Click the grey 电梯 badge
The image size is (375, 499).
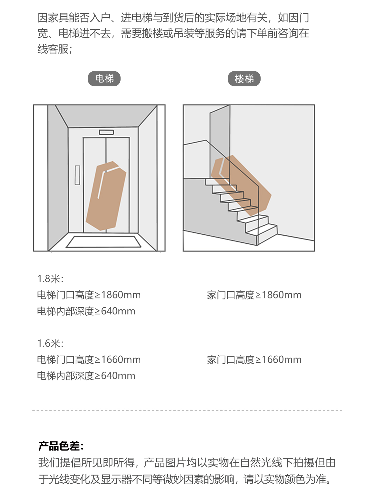click(x=104, y=79)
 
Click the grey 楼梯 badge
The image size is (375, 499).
click(x=244, y=79)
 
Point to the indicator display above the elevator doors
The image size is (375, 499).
click(x=106, y=132)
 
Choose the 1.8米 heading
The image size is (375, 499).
click(x=50, y=279)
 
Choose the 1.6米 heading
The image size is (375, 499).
click(x=50, y=344)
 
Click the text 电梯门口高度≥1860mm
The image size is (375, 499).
click(x=89, y=295)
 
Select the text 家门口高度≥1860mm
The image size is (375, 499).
click(x=254, y=295)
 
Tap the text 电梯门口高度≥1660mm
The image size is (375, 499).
click(x=89, y=360)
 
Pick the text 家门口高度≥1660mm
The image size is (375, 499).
click(x=254, y=360)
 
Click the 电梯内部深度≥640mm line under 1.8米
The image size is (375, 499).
click(x=86, y=311)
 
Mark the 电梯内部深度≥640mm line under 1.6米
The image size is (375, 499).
click(x=86, y=376)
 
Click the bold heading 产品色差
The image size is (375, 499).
click(x=61, y=446)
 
